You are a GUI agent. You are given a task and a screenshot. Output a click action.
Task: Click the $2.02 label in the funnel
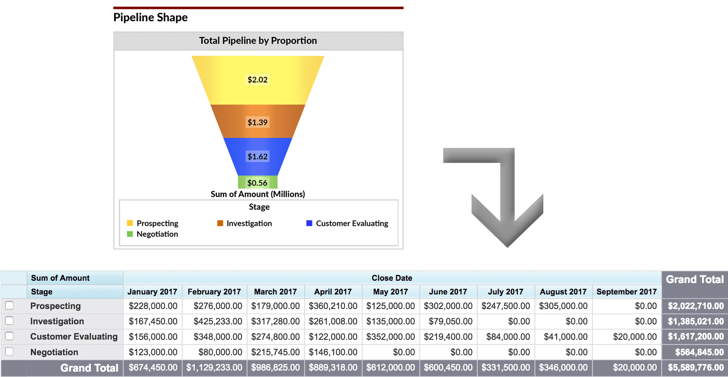click(x=257, y=80)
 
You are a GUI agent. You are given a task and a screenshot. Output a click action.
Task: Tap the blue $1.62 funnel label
click(x=257, y=156)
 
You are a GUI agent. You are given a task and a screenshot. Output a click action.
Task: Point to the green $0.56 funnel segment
click(x=257, y=182)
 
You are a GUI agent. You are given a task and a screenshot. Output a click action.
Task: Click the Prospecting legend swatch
click(x=130, y=223)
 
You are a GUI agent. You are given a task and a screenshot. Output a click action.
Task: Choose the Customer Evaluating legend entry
click(x=351, y=223)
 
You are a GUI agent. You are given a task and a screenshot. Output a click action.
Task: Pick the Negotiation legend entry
click(x=157, y=234)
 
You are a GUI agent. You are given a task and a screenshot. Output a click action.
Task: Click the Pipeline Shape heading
click(x=151, y=17)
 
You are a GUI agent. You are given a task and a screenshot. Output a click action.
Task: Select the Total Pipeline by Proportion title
click(x=258, y=41)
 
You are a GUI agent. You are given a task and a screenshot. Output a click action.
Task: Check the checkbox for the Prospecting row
click(x=9, y=305)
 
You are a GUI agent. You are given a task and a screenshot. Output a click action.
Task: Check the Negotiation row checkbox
click(x=9, y=352)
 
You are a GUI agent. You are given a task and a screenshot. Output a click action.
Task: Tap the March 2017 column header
click(x=275, y=292)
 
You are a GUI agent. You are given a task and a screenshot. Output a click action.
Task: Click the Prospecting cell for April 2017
click(x=333, y=306)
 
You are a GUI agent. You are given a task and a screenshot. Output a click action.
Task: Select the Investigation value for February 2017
click(x=218, y=321)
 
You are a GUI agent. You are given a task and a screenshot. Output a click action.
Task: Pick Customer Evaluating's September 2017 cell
click(x=635, y=336)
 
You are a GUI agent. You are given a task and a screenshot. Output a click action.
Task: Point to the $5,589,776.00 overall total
click(x=695, y=368)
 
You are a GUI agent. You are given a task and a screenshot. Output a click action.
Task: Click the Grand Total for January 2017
click(x=153, y=368)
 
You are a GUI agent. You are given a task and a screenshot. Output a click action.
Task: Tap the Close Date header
click(x=392, y=278)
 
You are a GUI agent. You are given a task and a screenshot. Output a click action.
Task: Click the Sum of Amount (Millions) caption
click(x=258, y=194)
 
